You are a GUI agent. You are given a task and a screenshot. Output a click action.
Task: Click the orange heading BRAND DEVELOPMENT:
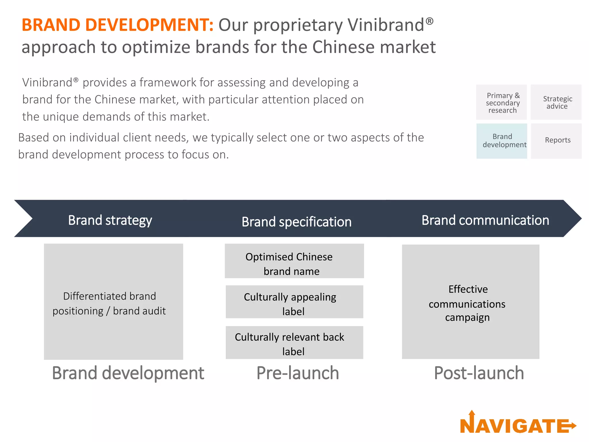tap(117, 25)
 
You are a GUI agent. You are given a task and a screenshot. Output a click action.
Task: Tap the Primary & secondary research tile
tap(502, 102)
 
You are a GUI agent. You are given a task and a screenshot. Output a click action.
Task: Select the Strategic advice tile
tap(556, 102)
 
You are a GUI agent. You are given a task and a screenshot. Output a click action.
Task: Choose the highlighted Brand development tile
tap(502, 141)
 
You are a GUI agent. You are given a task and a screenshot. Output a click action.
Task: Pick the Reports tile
tap(557, 141)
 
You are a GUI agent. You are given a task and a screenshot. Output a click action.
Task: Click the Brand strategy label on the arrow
tap(110, 220)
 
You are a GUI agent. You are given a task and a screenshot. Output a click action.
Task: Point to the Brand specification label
tap(297, 222)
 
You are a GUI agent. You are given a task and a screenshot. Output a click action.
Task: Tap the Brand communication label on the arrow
tap(485, 220)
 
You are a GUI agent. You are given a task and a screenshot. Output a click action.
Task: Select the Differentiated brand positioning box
tap(113, 302)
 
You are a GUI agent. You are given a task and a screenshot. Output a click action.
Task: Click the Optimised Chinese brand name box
tap(294, 261)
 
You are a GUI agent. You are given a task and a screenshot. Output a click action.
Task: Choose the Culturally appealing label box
tap(294, 302)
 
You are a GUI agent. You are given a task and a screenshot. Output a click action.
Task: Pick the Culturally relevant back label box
tap(294, 343)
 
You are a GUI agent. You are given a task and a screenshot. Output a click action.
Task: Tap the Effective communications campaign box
tap(471, 302)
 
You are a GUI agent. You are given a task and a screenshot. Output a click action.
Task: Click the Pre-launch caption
tap(298, 373)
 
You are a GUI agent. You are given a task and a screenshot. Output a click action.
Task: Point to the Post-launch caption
tap(479, 373)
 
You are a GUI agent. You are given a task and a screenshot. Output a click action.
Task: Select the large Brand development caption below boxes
tap(128, 373)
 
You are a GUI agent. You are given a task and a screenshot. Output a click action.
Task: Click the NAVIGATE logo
tap(518, 424)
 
